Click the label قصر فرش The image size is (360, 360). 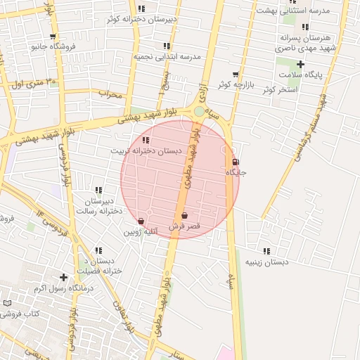184,226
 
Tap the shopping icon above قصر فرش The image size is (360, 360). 184,216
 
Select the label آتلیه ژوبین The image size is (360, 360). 141,231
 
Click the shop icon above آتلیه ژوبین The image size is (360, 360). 141,221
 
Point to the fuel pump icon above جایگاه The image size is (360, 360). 235,162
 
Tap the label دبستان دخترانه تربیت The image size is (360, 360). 146,151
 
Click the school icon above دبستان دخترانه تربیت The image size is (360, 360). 146,141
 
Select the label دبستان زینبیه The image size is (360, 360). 266,262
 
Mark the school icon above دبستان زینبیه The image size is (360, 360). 266,251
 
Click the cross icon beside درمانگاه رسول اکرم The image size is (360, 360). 64,278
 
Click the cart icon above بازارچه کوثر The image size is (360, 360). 235,74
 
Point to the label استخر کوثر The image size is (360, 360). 280,90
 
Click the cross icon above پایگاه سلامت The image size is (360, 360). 300,64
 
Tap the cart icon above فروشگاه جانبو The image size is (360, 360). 53,37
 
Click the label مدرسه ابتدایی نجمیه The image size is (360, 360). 167,56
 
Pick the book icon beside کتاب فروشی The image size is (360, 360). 7,302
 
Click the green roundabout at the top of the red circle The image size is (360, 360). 200,111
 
